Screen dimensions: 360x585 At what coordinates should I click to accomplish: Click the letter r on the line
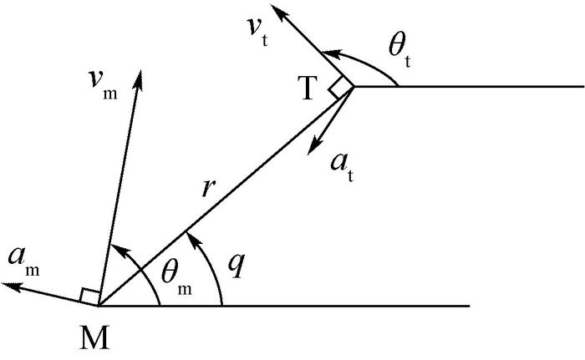[x=211, y=186]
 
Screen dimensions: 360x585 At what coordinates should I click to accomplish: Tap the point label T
[x=309, y=90]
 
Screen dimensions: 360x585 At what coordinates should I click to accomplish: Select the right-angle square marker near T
[x=341, y=89]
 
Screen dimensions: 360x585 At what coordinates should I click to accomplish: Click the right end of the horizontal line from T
[x=582, y=86]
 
